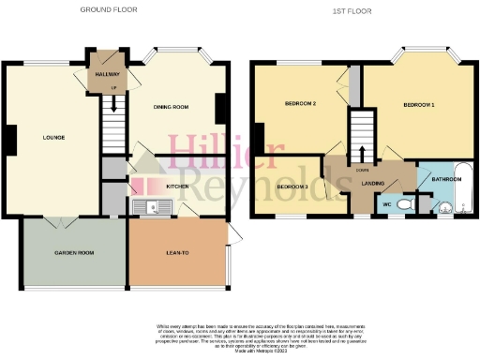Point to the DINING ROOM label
(x=171, y=107)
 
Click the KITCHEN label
(x=178, y=187)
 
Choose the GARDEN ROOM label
(x=71, y=254)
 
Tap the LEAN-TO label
(x=174, y=254)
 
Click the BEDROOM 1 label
(x=418, y=106)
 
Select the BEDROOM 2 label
(x=299, y=106)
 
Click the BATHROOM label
(x=446, y=178)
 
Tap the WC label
(x=386, y=203)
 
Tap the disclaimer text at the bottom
(x=239, y=337)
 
